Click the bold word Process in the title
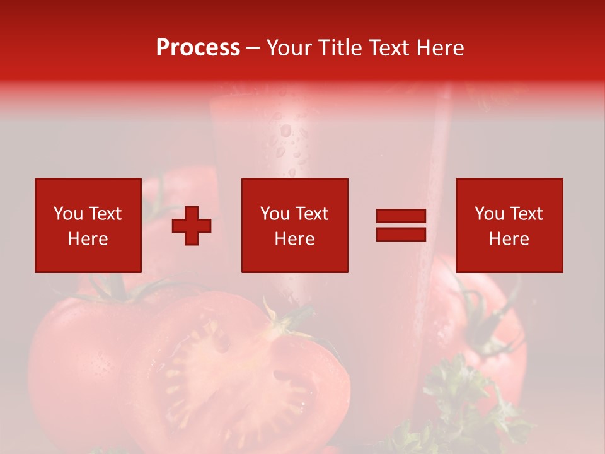[198, 48]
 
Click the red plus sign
[192, 226]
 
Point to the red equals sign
[401, 225]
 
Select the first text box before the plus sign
[88, 225]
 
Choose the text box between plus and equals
[294, 225]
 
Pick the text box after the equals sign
[509, 225]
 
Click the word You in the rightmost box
[489, 214]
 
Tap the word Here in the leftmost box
[88, 239]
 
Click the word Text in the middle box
[312, 214]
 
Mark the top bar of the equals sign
[401, 216]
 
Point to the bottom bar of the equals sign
[401, 234]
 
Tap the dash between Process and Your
[253, 48]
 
